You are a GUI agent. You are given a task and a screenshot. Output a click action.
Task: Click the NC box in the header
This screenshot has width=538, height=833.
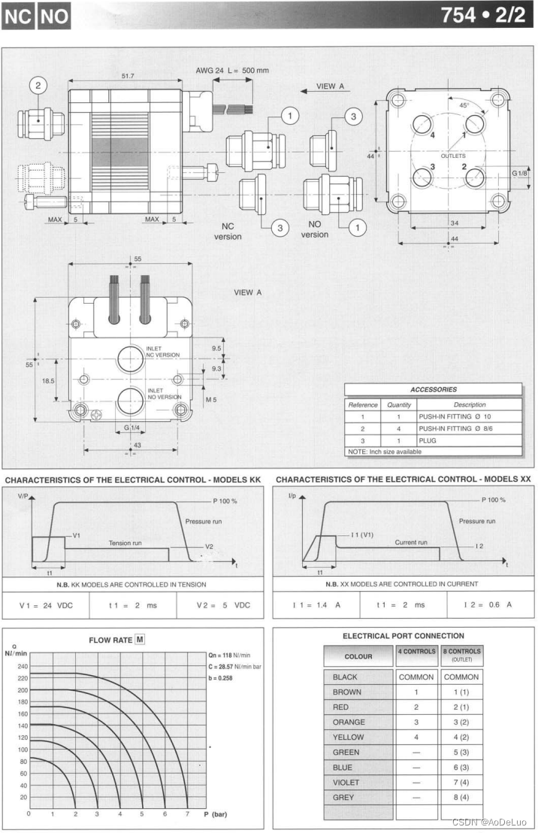[x=17, y=16]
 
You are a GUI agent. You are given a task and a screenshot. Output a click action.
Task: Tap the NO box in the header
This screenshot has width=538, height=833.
[x=53, y=16]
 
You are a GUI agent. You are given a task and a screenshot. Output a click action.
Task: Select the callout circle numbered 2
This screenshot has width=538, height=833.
[x=40, y=86]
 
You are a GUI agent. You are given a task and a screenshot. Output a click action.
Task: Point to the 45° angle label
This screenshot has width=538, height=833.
[x=464, y=105]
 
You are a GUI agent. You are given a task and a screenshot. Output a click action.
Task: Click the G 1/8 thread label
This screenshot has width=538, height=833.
[x=520, y=174]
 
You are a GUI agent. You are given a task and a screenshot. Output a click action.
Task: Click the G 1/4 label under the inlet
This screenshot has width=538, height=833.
[x=130, y=429]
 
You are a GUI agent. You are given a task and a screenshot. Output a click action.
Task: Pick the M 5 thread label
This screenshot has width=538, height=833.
[x=213, y=399]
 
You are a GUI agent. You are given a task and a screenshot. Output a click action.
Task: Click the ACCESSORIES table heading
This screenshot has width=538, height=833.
[x=434, y=389]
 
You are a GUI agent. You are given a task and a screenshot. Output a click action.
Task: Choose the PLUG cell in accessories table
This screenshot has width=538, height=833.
[x=428, y=441]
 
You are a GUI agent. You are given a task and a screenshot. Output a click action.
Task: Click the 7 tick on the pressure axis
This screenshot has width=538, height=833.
[x=187, y=814]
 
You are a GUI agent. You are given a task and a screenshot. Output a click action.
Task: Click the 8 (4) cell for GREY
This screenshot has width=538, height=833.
[x=461, y=797]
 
